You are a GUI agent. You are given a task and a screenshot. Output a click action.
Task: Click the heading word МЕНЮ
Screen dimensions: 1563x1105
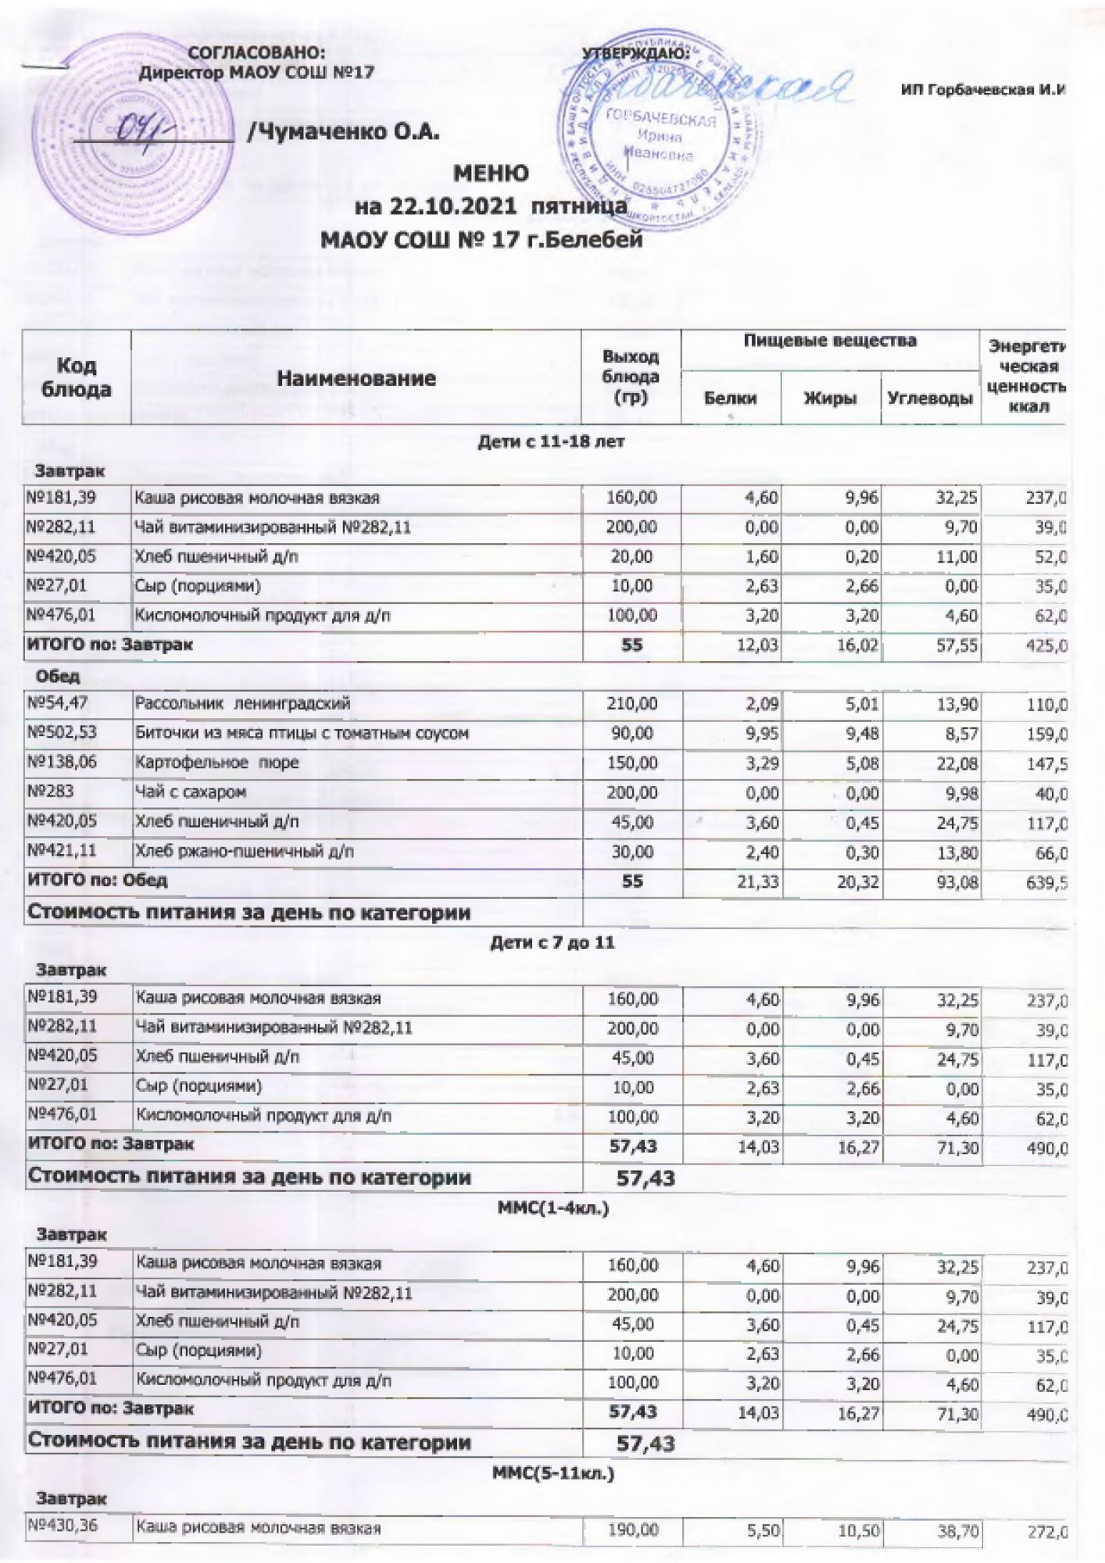coord(491,173)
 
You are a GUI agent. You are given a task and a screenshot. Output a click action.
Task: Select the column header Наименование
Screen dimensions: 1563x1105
coord(356,379)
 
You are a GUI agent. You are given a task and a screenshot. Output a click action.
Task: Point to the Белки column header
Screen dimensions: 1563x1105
coord(730,399)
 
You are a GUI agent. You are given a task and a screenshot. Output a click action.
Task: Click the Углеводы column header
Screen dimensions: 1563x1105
coord(930,399)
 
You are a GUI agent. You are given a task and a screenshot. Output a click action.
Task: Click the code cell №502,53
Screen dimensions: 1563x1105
coord(62,733)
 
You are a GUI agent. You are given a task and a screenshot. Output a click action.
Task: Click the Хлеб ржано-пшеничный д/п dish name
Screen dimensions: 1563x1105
coord(244,852)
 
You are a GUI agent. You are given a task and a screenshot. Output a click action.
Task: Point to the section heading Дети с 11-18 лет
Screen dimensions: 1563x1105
coord(551,442)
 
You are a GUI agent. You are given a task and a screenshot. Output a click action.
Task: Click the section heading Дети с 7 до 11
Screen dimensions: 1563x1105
coord(552,942)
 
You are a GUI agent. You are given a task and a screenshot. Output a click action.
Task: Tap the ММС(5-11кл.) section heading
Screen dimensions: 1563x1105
coord(552,1474)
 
